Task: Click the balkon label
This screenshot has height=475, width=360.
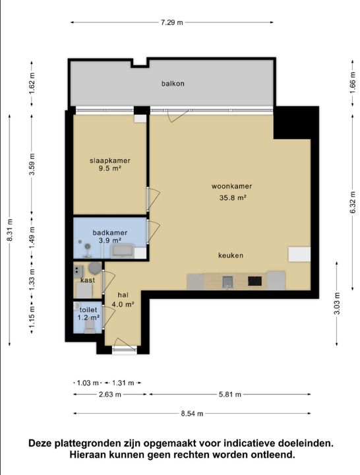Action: (173, 83)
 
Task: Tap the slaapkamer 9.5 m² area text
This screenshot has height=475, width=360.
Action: (110, 169)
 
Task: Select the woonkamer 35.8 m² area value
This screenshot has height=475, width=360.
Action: (232, 198)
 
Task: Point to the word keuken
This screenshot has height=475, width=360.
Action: (231, 255)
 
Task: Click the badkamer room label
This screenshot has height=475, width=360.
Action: (109, 233)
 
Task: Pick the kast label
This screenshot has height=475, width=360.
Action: (88, 280)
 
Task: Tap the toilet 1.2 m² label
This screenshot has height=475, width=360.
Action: (88, 314)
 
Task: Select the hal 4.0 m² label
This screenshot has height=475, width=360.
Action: (123, 300)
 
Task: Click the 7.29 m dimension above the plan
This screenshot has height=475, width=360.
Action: (171, 22)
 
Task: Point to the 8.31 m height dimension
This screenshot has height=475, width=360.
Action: (10, 230)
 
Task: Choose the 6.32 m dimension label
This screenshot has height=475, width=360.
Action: (353, 203)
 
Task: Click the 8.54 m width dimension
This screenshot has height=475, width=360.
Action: (192, 414)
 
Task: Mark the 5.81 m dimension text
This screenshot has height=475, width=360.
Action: (230, 395)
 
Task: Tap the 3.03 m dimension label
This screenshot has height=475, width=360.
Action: (337, 303)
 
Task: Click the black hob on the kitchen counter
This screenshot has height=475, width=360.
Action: (255, 281)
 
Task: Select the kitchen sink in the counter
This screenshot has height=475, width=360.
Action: (227, 282)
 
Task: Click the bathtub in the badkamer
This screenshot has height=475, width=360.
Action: (123, 251)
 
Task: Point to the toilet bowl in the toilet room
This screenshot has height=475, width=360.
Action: (90, 327)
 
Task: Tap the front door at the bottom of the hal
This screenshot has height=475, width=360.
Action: (125, 350)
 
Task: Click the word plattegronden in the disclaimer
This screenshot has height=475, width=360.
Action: (94, 443)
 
